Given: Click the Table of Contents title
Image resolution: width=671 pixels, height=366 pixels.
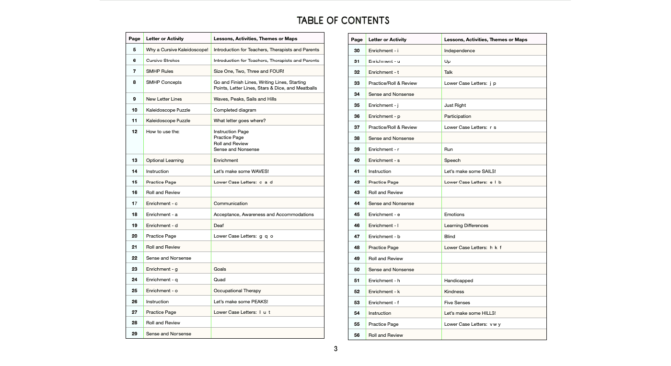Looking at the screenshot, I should [x=343, y=21].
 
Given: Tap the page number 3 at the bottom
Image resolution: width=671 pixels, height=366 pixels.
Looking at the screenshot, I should [x=335, y=349].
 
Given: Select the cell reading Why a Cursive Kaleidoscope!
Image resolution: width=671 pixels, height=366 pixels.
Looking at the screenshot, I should [x=177, y=50].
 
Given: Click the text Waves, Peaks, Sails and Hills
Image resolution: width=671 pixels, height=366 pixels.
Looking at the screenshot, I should [x=245, y=99].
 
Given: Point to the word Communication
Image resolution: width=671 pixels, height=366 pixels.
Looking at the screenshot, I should [x=231, y=204].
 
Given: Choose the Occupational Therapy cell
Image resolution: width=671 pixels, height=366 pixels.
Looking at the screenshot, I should [x=237, y=291].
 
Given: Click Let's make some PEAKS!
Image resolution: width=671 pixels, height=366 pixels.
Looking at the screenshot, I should [x=241, y=302].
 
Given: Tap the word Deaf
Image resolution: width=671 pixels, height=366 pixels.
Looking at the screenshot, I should [x=219, y=226].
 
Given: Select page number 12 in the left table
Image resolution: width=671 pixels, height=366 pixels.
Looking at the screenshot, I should [x=135, y=132].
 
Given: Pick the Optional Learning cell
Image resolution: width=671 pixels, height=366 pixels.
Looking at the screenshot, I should [x=165, y=160].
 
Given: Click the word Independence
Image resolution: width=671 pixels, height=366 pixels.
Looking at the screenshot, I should [x=459, y=51].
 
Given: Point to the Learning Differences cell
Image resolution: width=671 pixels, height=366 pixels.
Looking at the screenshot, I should [x=466, y=226].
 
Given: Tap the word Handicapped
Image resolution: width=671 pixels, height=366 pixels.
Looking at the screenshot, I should [x=458, y=281].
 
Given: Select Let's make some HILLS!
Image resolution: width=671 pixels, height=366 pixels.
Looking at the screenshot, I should [x=470, y=313].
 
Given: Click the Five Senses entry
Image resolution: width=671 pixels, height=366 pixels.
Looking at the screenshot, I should [x=457, y=303].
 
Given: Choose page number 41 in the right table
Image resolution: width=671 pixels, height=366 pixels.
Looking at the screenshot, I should [x=357, y=172].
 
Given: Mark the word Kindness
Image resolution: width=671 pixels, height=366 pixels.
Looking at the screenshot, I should [x=454, y=292].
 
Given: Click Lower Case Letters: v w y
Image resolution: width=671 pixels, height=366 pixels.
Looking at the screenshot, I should [x=472, y=324].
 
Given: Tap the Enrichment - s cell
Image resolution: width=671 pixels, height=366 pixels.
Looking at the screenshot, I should [x=383, y=160].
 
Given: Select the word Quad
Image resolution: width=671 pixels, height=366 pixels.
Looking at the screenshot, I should [x=220, y=280].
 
